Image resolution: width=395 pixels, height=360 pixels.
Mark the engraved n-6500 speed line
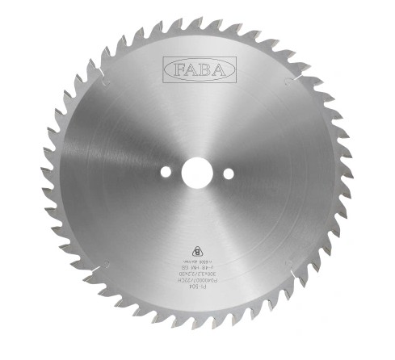[x=198, y=260]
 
